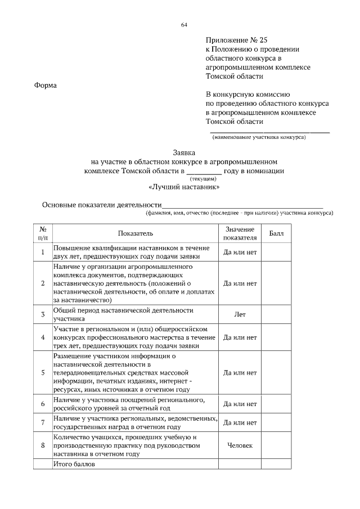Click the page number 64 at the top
tap(184, 25)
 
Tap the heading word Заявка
tap(184, 152)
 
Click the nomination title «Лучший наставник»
tap(184, 187)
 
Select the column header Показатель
tap(135, 233)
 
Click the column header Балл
tap(276, 233)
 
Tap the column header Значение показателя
tap(240, 233)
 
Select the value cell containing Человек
tap(240, 445)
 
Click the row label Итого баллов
tap(74, 465)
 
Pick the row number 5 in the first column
tap(43, 372)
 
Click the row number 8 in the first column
tap(43, 445)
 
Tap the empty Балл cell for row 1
tap(276, 252)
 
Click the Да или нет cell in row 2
tap(240, 283)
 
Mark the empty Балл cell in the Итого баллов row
tap(276, 465)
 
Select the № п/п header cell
tap(43, 233)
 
